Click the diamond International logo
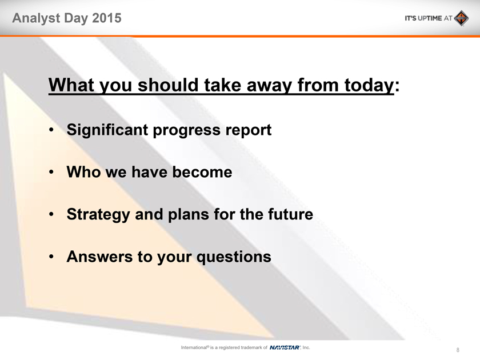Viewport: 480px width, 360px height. pos(461,18)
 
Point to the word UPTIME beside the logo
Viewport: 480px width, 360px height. pos(430,18)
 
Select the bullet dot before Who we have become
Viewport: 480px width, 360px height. pos(51,172)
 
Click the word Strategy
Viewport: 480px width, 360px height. pos(98,214)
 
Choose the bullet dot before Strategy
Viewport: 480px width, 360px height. pos(51,214)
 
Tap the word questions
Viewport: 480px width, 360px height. pos(234,257)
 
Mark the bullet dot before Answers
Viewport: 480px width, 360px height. pos(51,257)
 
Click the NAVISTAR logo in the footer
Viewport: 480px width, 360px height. pos(285,347)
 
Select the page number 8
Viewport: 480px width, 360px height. pos(458,350)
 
